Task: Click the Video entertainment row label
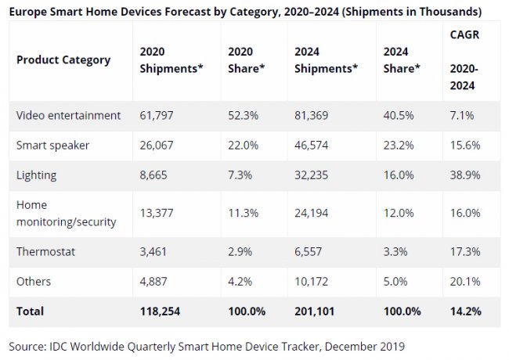pos(68,115)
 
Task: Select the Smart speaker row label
pos(52,145)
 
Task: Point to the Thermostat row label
pos(47,250)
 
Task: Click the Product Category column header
pos(63,59)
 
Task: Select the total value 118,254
pos(161,311)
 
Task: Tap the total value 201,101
pos(316,311)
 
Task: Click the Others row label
pos(34,280)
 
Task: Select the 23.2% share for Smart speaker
pos(399,145)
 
